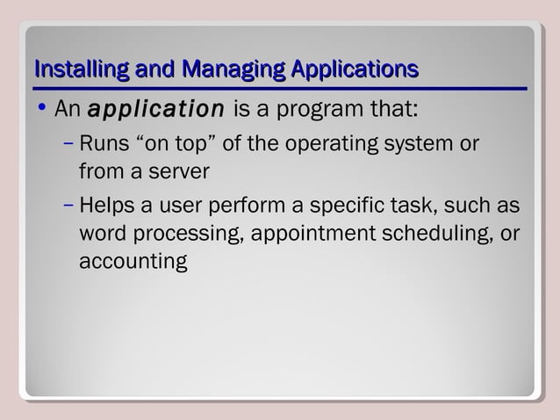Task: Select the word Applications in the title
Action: coord(351,69)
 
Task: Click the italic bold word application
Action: coord(157,111)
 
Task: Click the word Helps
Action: coord(106,206)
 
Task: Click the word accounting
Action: coord(133,262)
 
